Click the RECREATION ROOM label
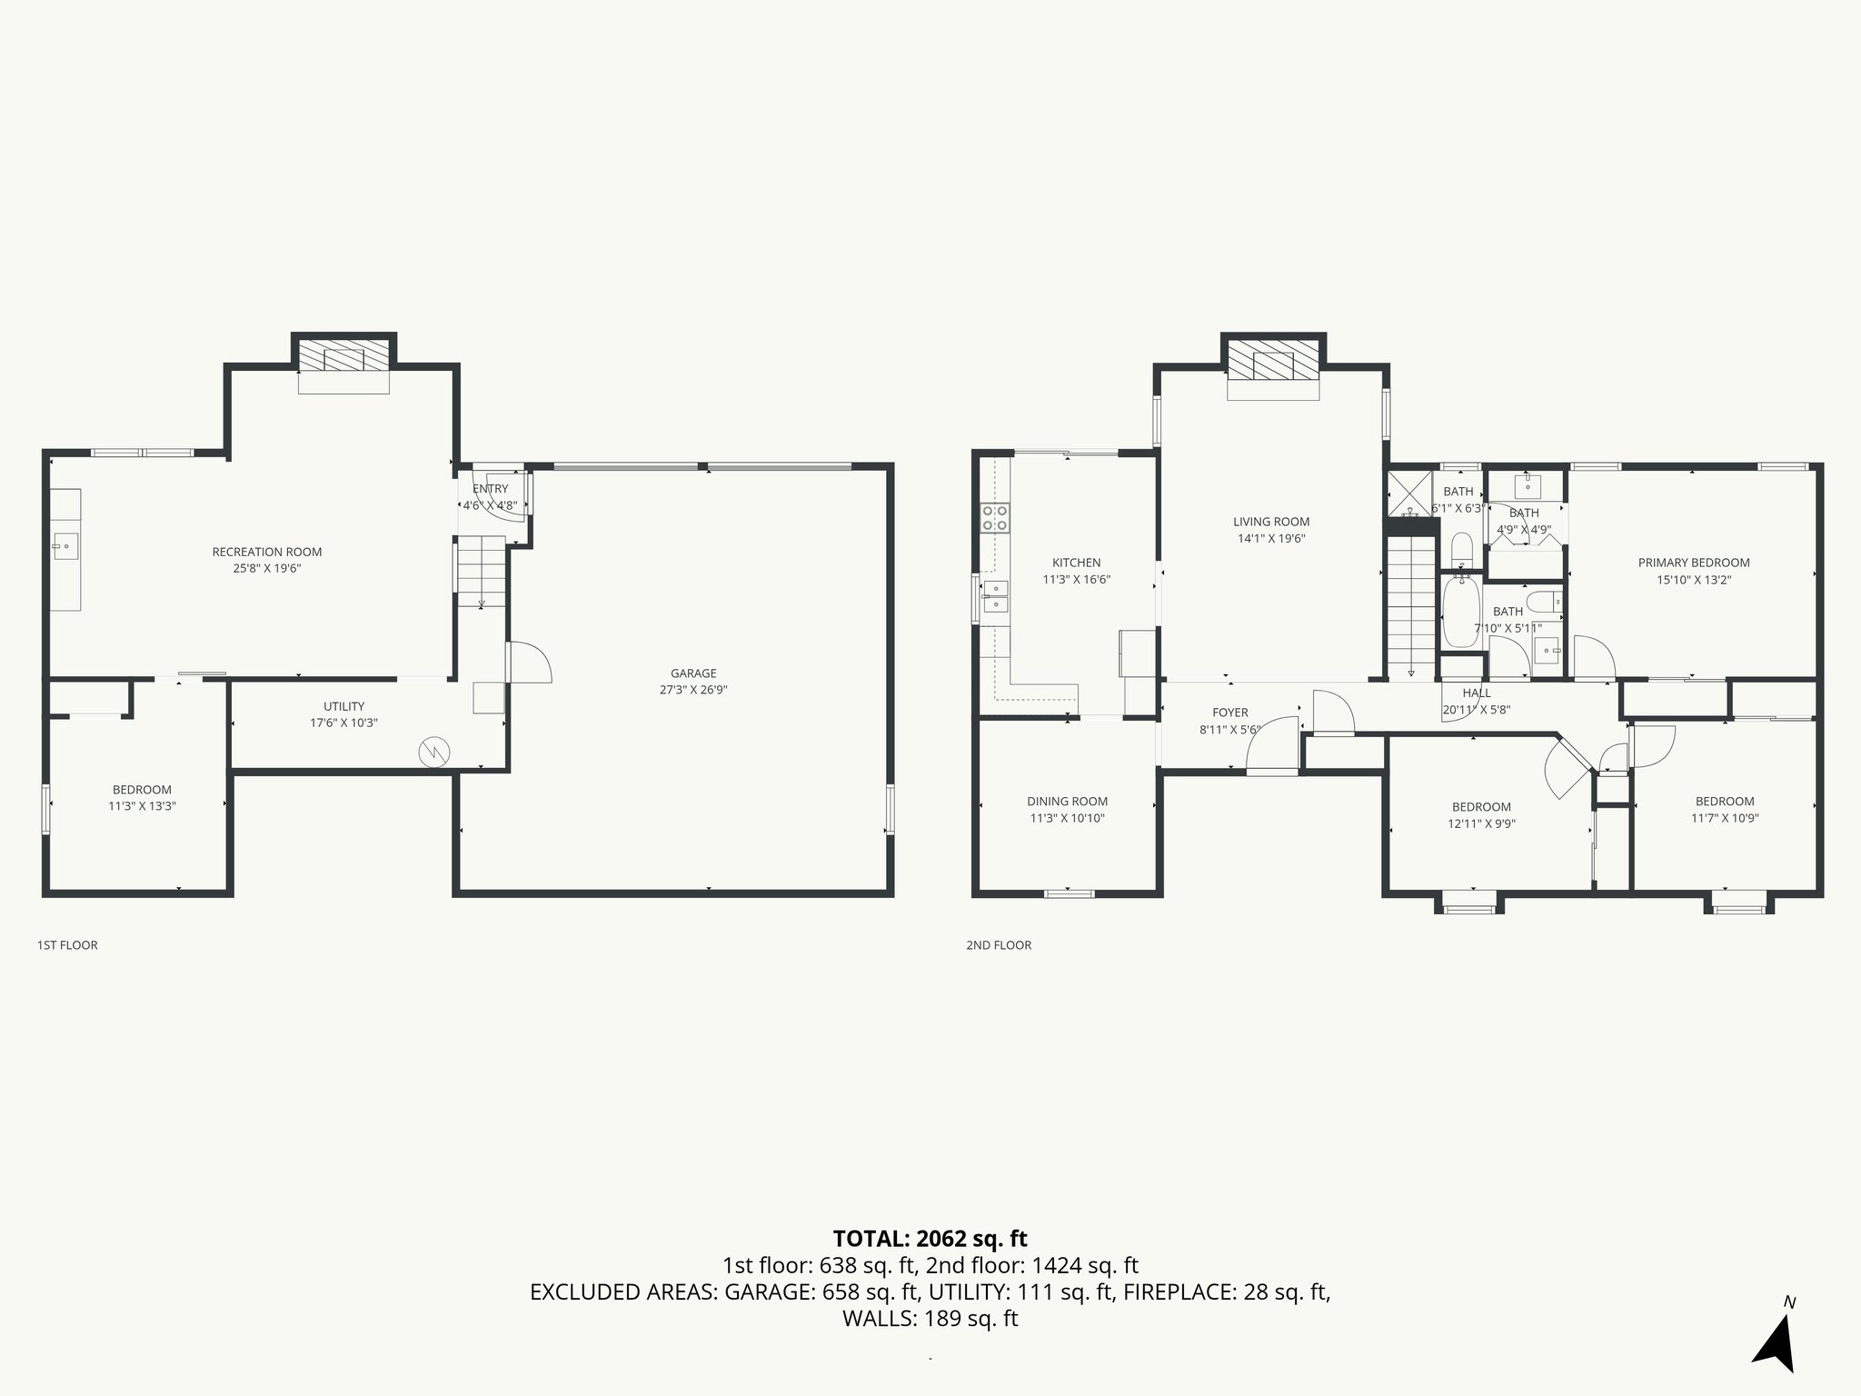[x=266, y=552]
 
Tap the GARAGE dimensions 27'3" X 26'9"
[x=693, y=690]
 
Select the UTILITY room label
[x=343, y=706]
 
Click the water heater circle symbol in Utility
[x=433, y=752]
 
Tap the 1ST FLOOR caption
[x=67, y=945]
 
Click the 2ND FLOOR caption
[x=999, y=945]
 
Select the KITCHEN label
[x=1076, y=563]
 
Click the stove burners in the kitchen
[x=995, y=518]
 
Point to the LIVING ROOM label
[x=1270, y=522]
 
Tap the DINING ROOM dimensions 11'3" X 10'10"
[x=1067, y=818]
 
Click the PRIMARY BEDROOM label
[x=1693, y=563]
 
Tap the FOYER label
[x=1229, y=713]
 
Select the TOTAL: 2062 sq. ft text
[x=930, y=1239]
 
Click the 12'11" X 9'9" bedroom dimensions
[x=1481, y=824]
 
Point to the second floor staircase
[x=1409, y=604]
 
